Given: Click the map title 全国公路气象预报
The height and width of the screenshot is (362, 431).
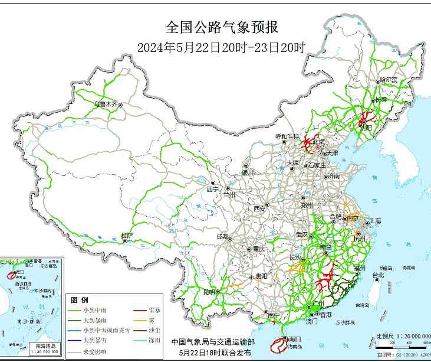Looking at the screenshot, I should pos(221,27).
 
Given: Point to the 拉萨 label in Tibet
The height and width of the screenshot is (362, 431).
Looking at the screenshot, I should pos(127,236).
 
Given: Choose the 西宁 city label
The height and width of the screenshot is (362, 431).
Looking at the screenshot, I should pos(212,189).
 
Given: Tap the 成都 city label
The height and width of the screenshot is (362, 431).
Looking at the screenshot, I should pos(222,236).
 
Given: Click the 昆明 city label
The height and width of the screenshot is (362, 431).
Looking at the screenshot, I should pos(209,292).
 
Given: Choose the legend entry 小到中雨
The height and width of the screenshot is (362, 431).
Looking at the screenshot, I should pos(94,310).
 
